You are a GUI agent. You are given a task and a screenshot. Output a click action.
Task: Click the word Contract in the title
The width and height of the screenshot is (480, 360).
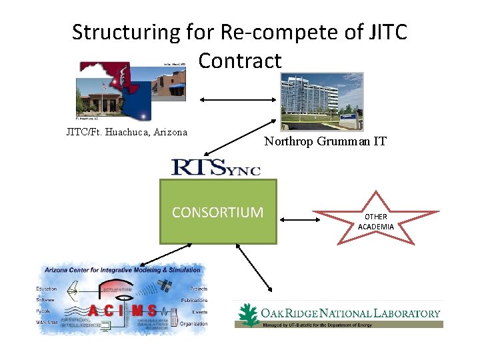coord(240,61)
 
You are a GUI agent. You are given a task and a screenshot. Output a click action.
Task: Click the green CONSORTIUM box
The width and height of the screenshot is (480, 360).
coord(217,212)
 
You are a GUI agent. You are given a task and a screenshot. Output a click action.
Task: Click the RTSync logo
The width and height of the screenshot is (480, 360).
coord(215,167)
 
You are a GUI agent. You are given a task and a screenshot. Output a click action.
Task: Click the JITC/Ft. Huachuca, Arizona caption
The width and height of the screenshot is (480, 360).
coord(127,132)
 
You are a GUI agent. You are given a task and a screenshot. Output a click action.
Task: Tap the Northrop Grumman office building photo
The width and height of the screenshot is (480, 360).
coord(322,101)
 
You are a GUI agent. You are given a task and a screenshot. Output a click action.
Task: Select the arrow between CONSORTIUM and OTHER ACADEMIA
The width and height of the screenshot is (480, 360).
coord(296,219)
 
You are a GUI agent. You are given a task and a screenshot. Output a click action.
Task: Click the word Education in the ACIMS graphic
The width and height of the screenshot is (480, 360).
coord(47,289)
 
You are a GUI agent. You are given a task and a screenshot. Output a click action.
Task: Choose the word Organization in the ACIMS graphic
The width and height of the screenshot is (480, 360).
coord(194,324)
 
